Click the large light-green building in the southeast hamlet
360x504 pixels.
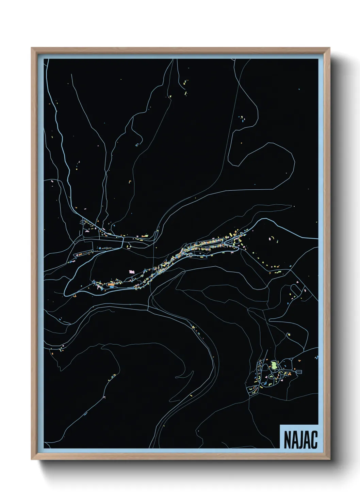click(273, 366)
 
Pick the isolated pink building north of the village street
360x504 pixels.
click(132, 272)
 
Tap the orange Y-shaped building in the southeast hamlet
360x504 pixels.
click(289, 374)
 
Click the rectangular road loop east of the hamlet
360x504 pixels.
click(299, 372)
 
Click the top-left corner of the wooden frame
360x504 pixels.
click(32, 48)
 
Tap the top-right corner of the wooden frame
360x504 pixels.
click(330, 48)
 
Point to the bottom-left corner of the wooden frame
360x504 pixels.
click(32, 459)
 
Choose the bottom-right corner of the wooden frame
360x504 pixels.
click(330, 459)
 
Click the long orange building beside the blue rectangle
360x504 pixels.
click(111, 284)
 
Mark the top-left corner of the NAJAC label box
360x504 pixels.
click(280, 425)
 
